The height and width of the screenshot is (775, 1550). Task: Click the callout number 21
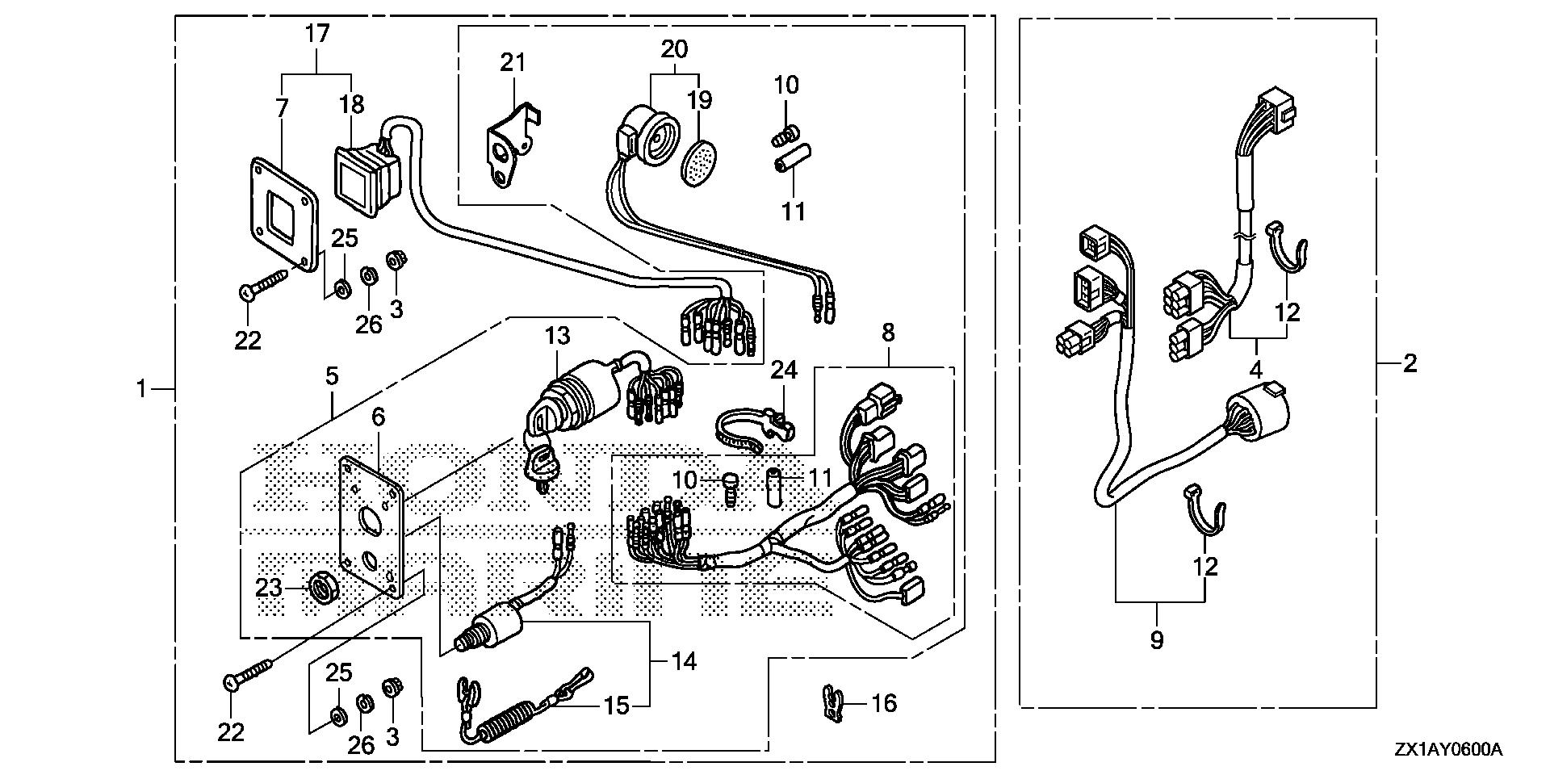tap(513, 61)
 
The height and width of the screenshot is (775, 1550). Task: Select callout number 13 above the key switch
tap(557, 336)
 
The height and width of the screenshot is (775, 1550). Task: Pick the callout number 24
tap(783, 370)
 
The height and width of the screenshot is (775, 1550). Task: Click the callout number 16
tap(884, 703)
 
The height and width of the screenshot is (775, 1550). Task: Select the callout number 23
tap(269, 588)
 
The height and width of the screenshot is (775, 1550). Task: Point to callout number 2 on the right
tap(1410, 364)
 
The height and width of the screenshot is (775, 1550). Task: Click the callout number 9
tap(1156, 640)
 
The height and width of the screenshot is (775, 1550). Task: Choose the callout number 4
tap(1255, 371)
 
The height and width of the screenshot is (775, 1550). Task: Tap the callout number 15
tap(617, 706)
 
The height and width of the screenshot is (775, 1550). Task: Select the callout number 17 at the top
tap(317, 35)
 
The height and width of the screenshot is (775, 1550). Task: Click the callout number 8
tap(888, 332)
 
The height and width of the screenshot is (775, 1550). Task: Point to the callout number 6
tap(378, 417)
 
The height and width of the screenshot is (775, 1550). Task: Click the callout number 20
tap(675, 49)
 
